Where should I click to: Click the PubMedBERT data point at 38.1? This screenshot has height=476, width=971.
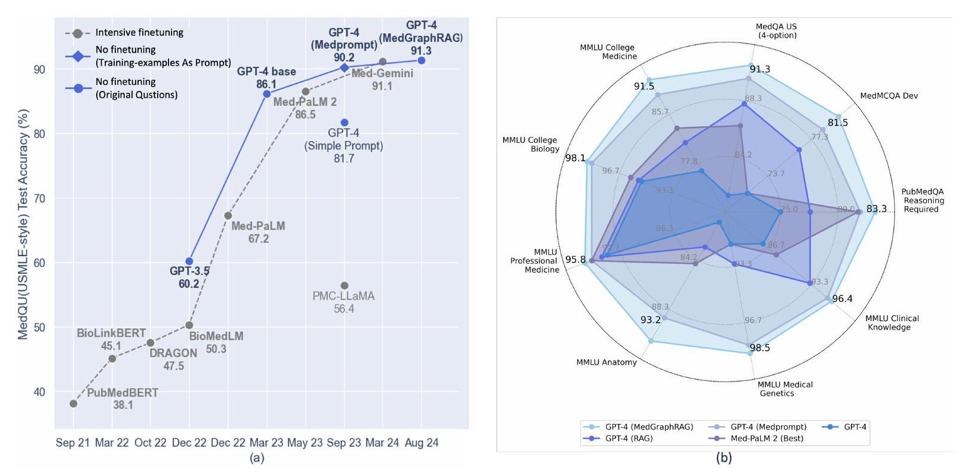[x=73, y=404]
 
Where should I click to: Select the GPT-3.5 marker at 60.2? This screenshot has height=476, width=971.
[x=189, y=261]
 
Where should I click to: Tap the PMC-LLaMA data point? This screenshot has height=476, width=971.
[x=344, y=285]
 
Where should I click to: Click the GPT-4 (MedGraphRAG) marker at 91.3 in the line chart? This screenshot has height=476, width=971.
[x=421, y=60]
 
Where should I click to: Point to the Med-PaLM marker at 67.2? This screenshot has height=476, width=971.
[x=228, y=215]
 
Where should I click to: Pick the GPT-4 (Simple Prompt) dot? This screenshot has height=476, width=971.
[x=344, y=123]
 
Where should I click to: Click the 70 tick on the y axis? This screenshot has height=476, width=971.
[x=39, y=199]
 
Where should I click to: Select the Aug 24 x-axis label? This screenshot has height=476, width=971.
[x=421, y=443]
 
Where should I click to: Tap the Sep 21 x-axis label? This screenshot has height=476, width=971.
[x=73, y=443]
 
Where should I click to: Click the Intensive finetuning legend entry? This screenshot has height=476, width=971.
[x=139, y=33]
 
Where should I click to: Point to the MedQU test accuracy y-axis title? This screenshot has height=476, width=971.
[x=23, y=224]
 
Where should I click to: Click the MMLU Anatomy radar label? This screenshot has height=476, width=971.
[x=607, y=362]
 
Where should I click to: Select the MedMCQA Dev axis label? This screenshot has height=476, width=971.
[x=889, y=96]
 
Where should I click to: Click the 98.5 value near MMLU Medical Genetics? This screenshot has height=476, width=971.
[x=759, y=348]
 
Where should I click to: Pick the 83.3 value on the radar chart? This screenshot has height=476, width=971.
[x=877, y=209]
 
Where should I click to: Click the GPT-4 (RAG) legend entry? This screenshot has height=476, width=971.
[x=629, y=438]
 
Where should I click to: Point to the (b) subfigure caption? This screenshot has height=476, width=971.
[x=724, y=459]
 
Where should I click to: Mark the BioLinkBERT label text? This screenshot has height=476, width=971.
[x=111, y=333]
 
